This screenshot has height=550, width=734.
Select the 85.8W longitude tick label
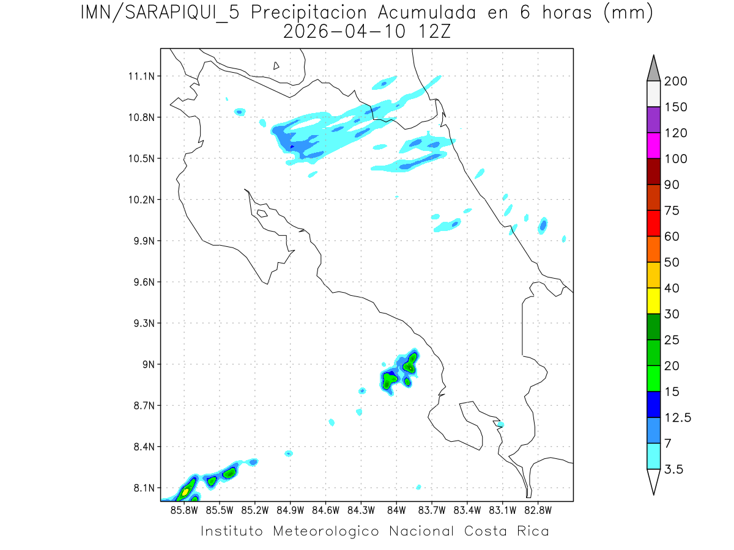[x=184, y=509]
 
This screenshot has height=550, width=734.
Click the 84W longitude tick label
[x=396, y=509]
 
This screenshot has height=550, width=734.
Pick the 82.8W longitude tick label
[x=538, y=509]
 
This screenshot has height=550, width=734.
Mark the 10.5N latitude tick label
[x=142, y=159]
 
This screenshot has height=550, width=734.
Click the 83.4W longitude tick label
[x=467, y=509]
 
